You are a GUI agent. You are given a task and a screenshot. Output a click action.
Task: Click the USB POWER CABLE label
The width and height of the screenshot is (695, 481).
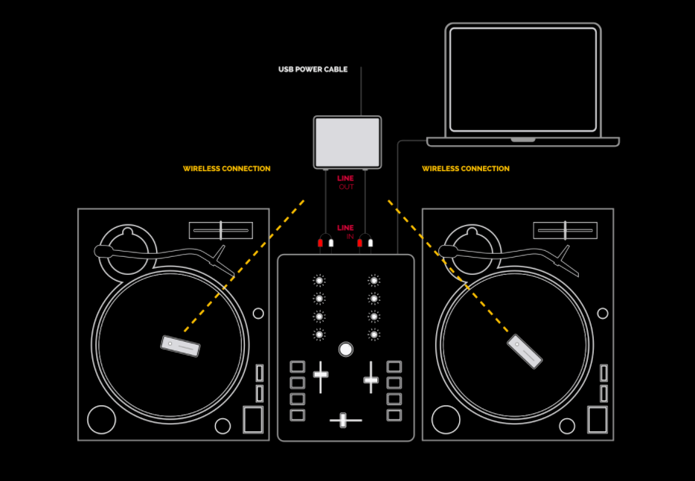[313, 70]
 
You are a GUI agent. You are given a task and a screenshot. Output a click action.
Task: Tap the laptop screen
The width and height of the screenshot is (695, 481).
[522, 80]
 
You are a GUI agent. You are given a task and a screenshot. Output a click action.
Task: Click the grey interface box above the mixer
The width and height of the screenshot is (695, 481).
[347, 141]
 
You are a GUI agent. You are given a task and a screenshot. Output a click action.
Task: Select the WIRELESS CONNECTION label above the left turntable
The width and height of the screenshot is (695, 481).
[227, 169]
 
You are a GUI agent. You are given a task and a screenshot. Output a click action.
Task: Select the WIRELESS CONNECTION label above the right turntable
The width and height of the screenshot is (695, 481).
[466, 169]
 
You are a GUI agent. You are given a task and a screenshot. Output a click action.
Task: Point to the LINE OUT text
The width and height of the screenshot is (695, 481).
[345, 182]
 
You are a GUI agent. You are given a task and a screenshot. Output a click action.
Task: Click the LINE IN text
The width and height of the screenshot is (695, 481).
[345, 232]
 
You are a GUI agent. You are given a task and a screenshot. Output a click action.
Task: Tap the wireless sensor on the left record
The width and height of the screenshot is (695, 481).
[180, 346]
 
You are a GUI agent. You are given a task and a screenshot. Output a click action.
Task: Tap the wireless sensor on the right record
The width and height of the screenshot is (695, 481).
[525, 351]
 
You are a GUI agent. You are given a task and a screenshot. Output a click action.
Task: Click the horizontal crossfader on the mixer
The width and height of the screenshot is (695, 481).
[344, 421]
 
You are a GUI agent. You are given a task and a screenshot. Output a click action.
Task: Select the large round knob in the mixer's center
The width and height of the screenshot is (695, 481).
[345, 349]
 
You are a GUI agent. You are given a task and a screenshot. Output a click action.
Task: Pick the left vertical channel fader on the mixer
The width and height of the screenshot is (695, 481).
[321, 375]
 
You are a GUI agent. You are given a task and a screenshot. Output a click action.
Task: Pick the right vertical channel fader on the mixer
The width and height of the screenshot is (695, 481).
[371, 380]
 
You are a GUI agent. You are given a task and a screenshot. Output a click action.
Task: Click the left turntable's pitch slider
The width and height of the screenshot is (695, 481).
[221, 230]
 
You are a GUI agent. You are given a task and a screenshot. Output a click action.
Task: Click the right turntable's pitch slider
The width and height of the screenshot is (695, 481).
[566, 230]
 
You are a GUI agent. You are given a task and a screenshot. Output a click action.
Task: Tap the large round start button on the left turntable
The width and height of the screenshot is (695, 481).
[102, 419]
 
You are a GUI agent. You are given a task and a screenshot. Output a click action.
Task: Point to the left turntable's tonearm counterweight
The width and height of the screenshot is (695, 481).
[103, 251]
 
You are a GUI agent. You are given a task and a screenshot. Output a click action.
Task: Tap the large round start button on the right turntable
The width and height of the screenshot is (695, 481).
[446, 419]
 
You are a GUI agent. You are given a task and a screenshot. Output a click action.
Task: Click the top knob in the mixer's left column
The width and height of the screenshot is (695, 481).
[319, 281]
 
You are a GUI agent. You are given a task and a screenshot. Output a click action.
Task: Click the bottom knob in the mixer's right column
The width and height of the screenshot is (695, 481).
[374, 334]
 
